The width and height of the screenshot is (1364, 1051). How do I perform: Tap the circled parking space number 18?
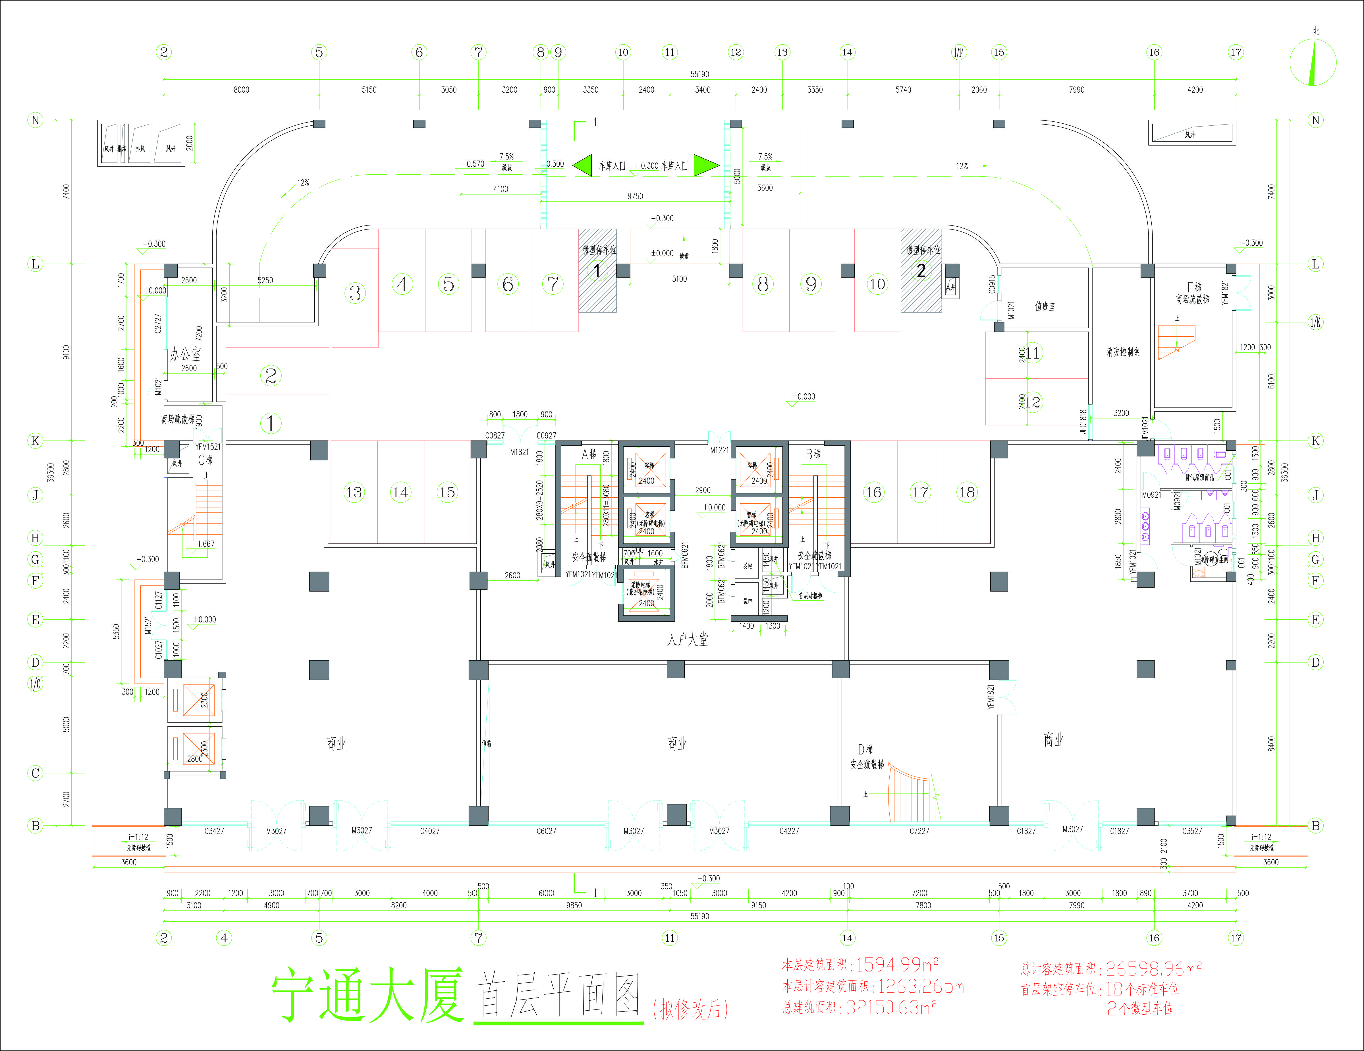point(966,493)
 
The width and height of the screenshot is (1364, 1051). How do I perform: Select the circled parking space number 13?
point(354,493)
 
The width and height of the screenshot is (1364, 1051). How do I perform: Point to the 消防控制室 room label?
point(1122,352)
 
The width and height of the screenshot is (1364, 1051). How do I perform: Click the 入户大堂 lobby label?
point(687,639)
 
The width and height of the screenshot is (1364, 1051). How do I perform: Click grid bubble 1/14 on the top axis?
point(959,53)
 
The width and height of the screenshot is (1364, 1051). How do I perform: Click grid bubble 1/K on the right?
point(1315,322)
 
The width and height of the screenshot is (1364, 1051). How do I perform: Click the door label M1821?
point(519,452)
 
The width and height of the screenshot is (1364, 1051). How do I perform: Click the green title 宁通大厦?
point(367,995)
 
